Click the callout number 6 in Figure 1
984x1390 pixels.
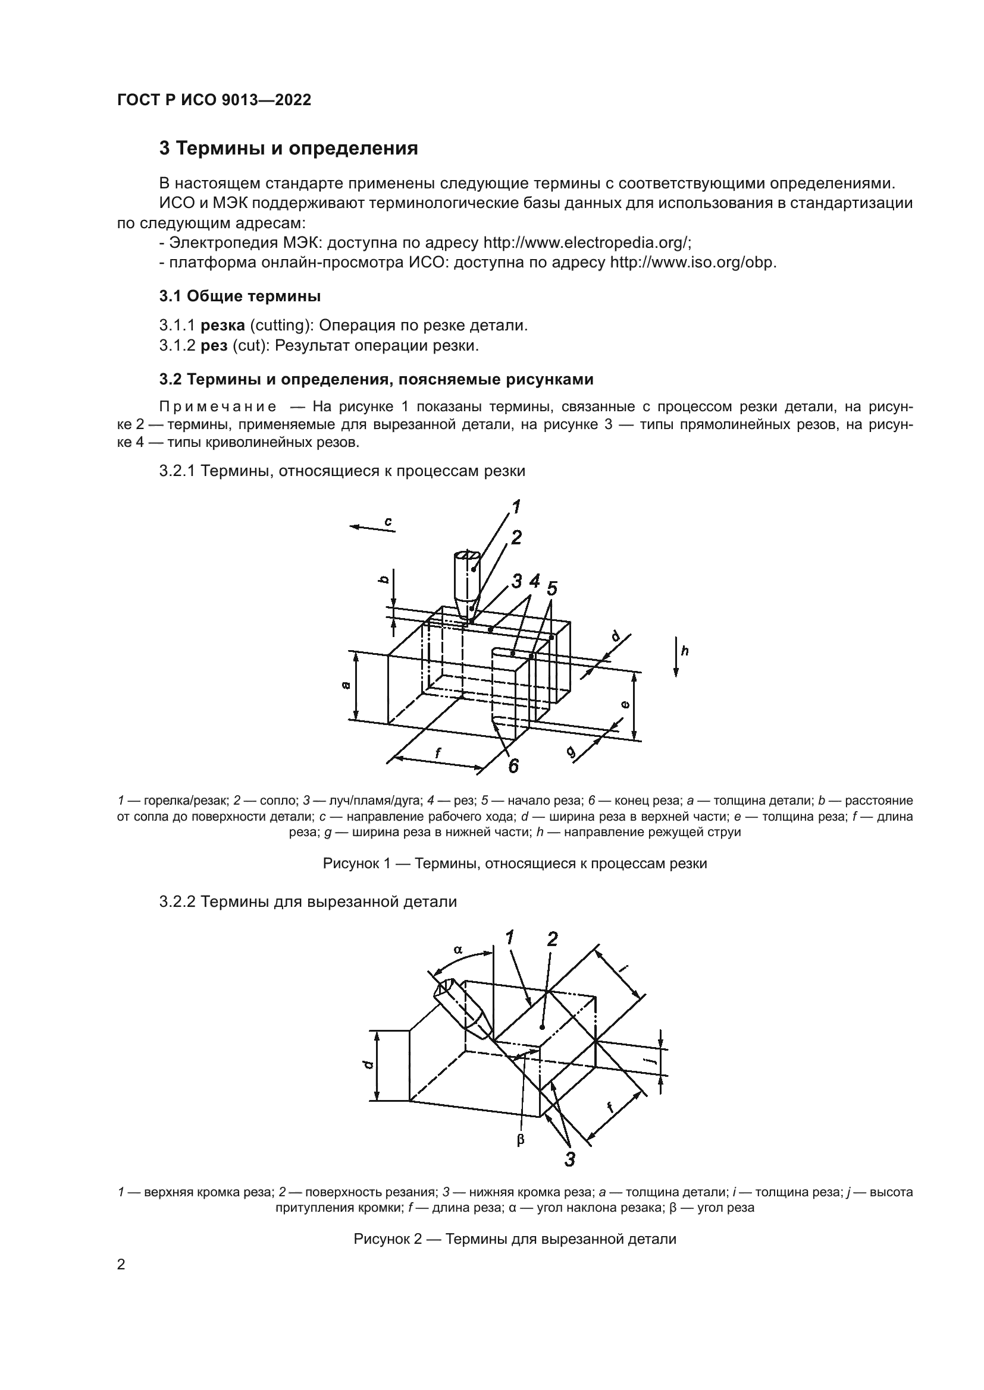(x=513, y=767)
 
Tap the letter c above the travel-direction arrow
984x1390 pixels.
(x=388, y=520)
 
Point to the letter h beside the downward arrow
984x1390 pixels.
(x=685, y=651)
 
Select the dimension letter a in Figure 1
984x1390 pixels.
(x=346, y=685)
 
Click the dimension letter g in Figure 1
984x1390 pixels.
(x=571, y=752)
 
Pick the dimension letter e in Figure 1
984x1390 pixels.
(x=625, y=704)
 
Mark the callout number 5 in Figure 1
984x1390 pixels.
(x=551, y=588)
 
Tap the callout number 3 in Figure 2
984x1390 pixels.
(x=569, y=1160)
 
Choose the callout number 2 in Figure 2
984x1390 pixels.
(x=552, y=939)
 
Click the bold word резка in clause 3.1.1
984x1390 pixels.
(x=222, y=325)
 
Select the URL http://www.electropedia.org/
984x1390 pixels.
(x=587, y=243)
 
